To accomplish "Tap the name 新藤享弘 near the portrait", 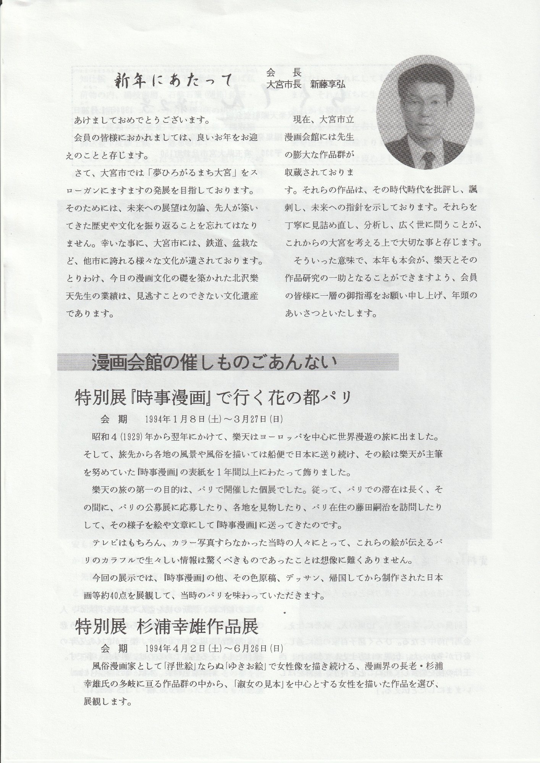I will [x=327, y=85].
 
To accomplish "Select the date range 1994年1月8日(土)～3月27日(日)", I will [x=214, y=419].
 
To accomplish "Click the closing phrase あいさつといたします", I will [x=331, y=314].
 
